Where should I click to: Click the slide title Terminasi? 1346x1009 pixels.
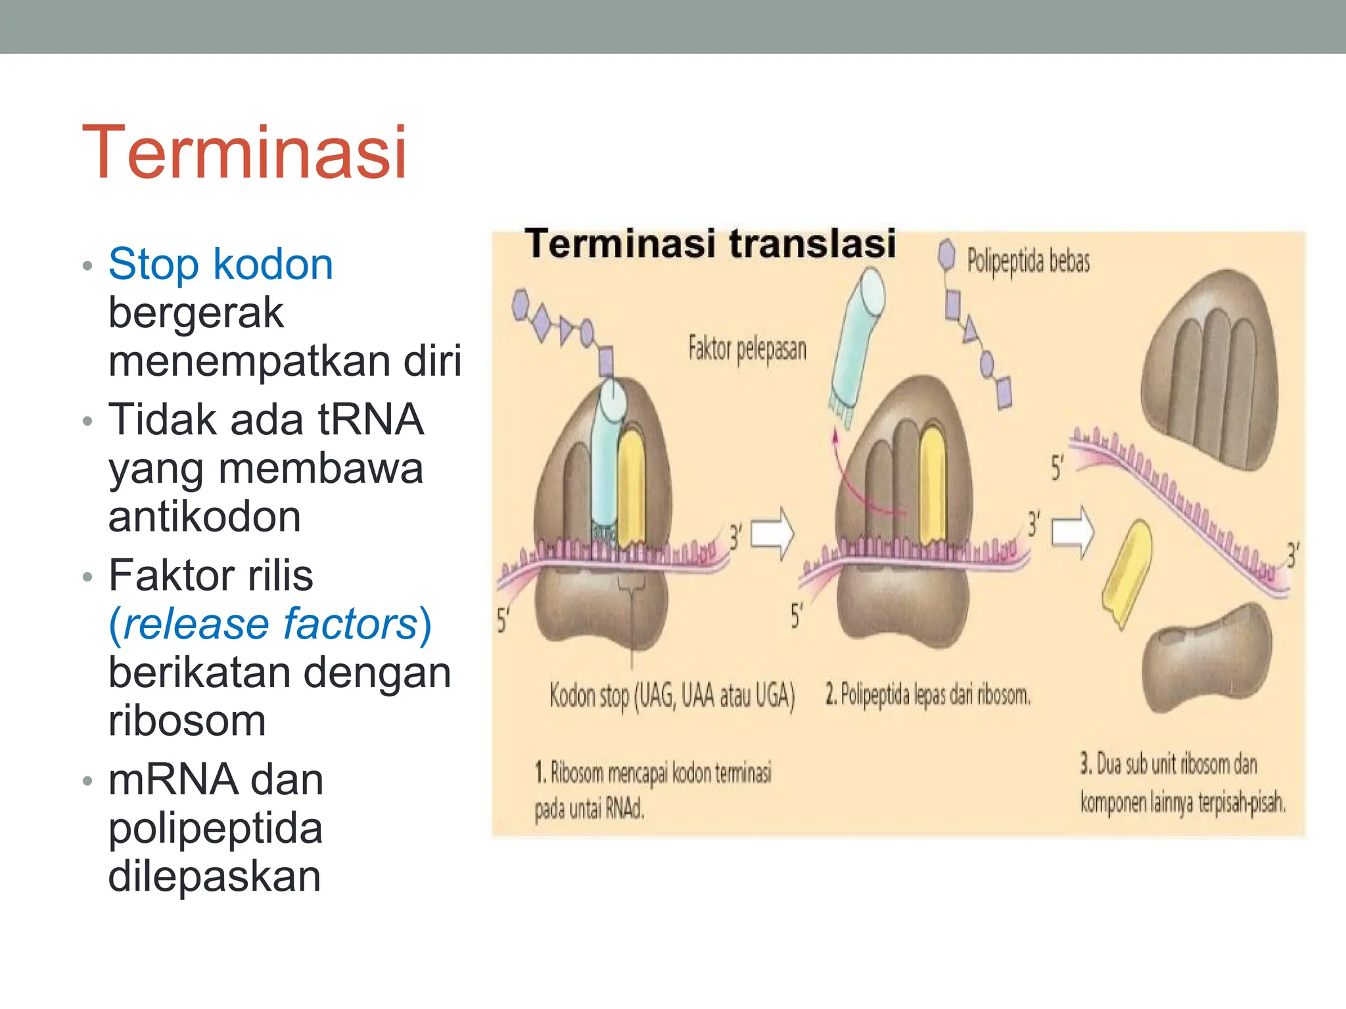pyautogui.click(x=244, y=152)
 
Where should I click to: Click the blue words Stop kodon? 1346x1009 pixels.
pyautogui.click(x=221, y=264)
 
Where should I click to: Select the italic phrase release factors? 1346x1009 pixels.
pyautogui.click(x=270, y=623)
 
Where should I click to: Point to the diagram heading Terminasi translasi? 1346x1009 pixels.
pyautogui.click(x=710, y=244)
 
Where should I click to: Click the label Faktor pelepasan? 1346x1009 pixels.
pyautogui.click(x=747, y=348)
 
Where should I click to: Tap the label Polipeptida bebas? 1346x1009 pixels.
pyautogui.click(x=1028, y=261)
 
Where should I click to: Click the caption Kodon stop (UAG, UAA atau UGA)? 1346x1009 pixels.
pyautogui.click(x=672, y=695)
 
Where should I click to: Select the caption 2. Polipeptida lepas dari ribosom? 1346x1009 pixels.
pyautogui.click(x=928, y=694)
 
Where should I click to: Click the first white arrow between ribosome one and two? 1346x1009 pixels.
pyautogui.click(x=772, y=533)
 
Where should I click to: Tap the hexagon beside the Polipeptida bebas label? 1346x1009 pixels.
pyautogui.click(x=946, y=254)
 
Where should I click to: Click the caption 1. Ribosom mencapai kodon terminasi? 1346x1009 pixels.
pyautogui.click(x=653, y=773)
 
